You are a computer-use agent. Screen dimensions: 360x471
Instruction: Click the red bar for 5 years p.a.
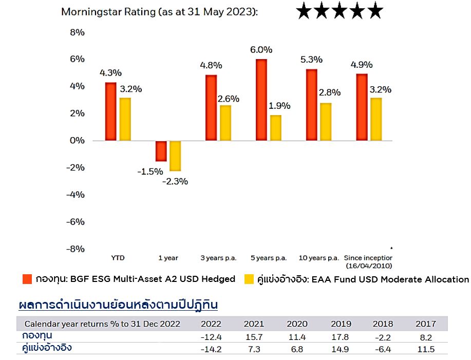261,100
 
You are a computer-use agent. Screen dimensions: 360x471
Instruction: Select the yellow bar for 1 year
175,156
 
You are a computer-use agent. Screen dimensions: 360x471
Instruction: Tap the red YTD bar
110,111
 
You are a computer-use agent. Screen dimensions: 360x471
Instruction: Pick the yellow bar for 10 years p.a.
326,122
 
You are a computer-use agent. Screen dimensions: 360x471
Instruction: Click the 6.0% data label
261,50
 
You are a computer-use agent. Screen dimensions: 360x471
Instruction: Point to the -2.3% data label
175,181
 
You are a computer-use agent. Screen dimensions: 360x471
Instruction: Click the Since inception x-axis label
368,258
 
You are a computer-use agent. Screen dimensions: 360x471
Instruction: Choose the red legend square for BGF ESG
28,279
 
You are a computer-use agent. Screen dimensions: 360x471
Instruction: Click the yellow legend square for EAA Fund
249,279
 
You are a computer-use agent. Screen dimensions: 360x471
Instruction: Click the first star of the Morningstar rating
304,10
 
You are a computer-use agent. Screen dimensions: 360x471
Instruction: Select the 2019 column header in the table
342,324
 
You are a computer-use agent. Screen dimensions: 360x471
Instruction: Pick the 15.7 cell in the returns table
254,337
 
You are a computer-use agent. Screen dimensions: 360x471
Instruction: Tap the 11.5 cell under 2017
426,350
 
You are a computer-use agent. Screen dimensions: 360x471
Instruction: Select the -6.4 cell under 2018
383,350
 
